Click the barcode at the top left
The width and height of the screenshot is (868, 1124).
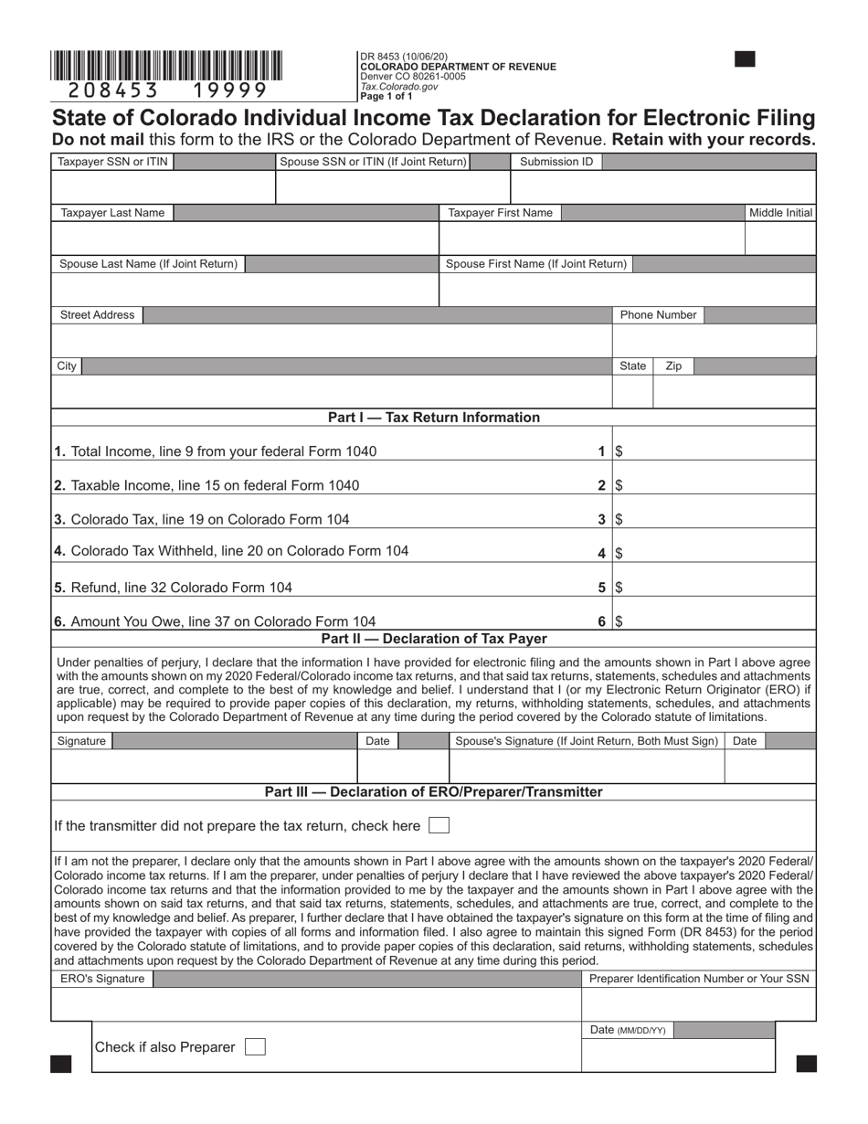coord(166,66)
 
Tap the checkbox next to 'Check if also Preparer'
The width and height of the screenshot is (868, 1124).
coord(257,1046)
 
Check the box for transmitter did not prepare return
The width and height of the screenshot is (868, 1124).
coord(439,825)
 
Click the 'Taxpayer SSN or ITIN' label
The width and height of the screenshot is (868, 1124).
coord(112,162)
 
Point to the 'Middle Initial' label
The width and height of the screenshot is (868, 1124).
coord(780,213)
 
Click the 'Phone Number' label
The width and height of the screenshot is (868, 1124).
coord(658,315)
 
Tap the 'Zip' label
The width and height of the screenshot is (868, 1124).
coord(673,366)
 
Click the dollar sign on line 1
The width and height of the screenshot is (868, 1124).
coord(619,451)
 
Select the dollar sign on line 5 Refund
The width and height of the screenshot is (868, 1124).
coord(619,588)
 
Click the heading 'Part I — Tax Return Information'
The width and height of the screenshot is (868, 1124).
coord(433,418)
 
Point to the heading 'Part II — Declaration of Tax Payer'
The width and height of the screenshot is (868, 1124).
coord(433,639)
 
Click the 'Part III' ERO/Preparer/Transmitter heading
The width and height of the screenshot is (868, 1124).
coord(433,792)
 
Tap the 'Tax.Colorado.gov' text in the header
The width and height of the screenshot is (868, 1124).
coord(399,87)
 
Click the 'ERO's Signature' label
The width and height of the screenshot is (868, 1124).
coord(102,980)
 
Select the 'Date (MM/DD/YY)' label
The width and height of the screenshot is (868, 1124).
coord(628,1030)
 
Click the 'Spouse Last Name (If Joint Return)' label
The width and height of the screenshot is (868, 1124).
coord(148,264)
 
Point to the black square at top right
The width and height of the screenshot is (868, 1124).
coord(745,59)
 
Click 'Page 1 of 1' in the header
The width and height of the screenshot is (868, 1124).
coord(386,96)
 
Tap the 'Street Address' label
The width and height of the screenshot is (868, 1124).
coord(97,315)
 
